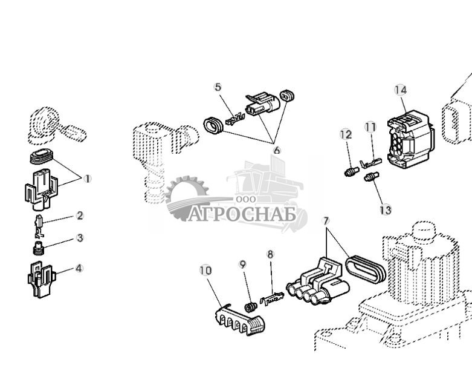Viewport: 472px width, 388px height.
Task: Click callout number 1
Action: [x=87, y=179]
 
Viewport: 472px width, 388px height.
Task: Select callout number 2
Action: [x=80, y=215]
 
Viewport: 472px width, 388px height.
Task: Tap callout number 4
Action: [x=79, y=268]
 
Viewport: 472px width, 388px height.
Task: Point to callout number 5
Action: [x=218, y=87]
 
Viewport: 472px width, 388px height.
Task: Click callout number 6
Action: [x=277, y=150]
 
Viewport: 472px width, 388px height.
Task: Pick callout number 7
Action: [x=326, y=220]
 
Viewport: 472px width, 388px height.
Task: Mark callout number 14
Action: [x=401, y=90]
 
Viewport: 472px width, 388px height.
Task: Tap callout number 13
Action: [x=386, y=210]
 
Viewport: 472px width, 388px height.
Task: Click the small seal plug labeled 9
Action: [x=250, y=307]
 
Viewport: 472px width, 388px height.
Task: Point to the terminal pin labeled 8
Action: [x=272, y=298]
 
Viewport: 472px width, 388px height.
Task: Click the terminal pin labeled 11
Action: [x=370, y=163]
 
